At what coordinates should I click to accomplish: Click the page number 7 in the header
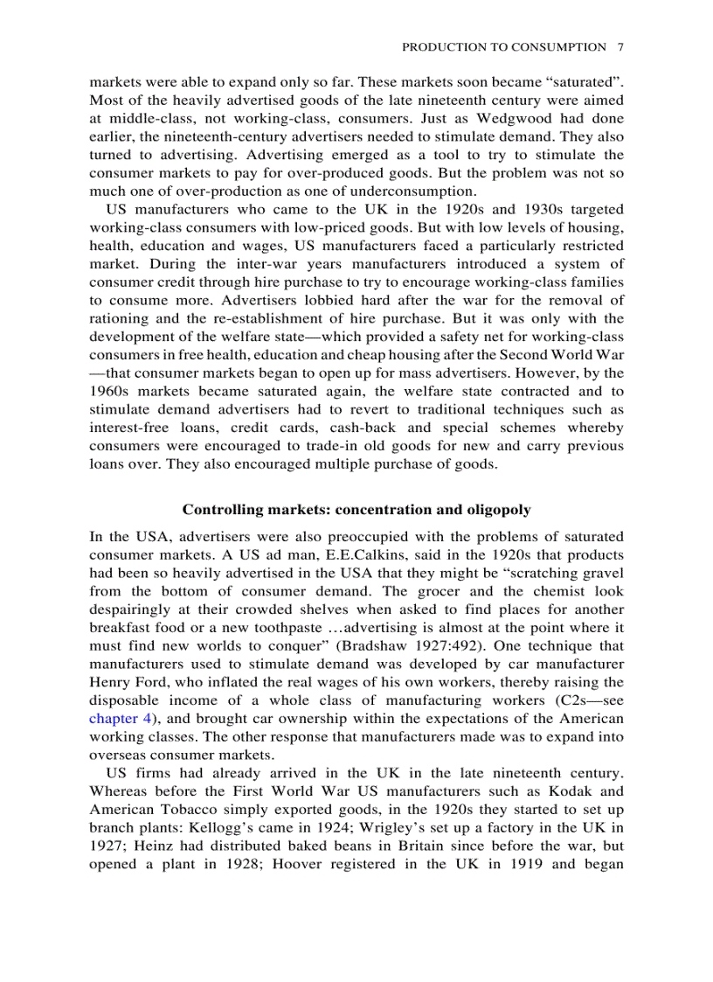pos(620,47)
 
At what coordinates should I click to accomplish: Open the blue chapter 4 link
pos(121,719)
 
